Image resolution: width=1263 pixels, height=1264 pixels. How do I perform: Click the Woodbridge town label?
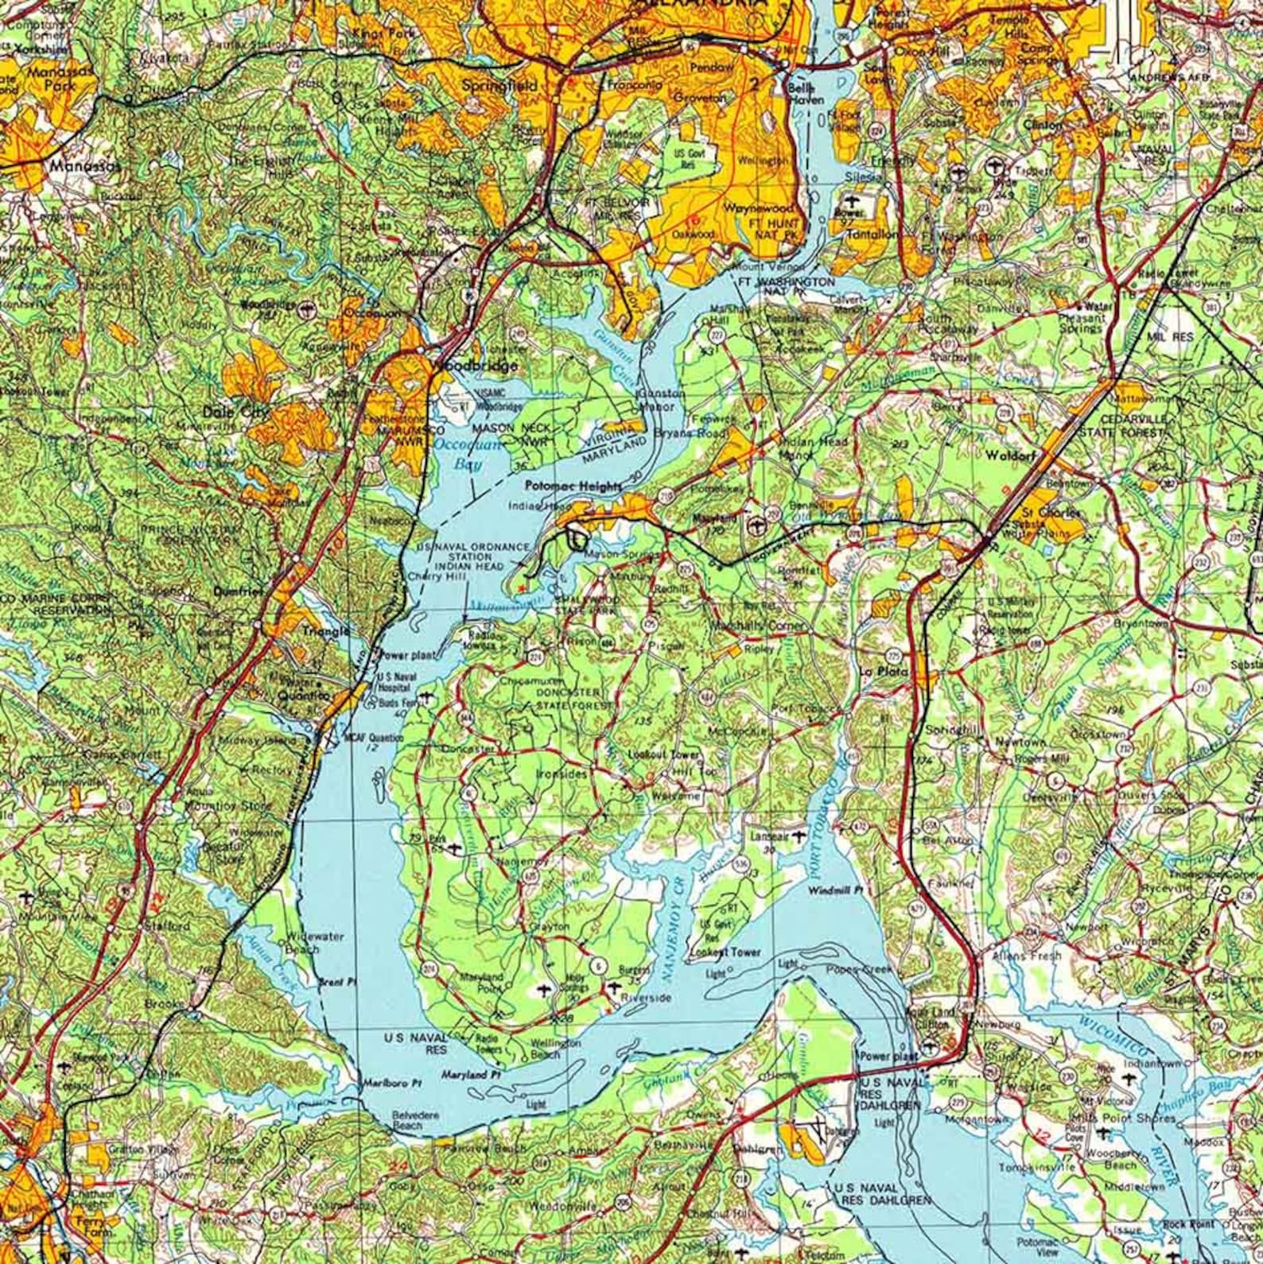tap(475, 366)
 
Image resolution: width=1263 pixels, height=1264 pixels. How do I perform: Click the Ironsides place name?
tap(562, 773)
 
